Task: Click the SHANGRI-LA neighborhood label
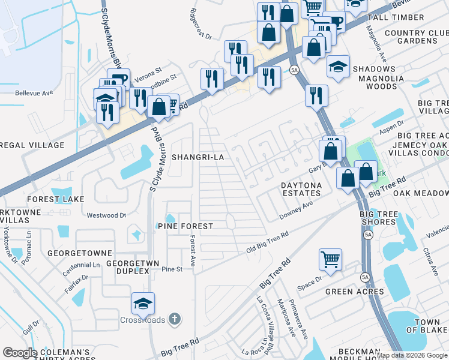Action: (197, 157)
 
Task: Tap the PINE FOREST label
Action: (185, 226)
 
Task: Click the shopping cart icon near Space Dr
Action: (330, 259)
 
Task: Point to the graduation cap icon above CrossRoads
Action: (143, 303)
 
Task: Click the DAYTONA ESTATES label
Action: (301, 190)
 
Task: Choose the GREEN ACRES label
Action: (354, 292)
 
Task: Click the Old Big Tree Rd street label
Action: (267, 241)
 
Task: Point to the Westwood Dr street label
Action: (107, 214)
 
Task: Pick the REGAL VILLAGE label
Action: (32, 145)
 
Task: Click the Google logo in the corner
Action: (20, 353)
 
